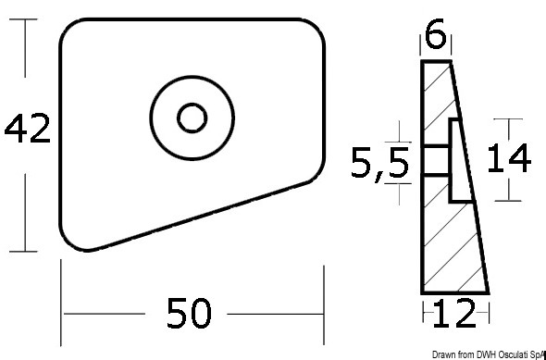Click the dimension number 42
[x=27, y=128]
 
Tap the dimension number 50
[x=189, y=314]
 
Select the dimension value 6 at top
[x=435, y=36]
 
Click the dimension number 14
[x=509, y=159]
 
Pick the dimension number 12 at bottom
[x=453, y=314]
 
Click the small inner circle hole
[x=192, y=118]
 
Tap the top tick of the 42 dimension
[x=23, y=19]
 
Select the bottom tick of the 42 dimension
[x=23, y=251]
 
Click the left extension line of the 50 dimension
[x=61, y=303]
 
